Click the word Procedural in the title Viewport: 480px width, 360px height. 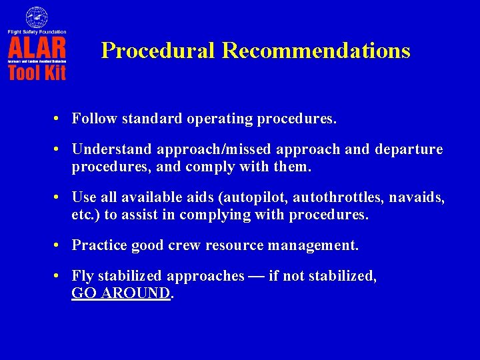[x=158, y=51]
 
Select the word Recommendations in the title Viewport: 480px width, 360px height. [x=316, y=51]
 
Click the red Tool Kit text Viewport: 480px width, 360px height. [x=37, y=71]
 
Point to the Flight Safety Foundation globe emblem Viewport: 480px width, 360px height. [x=37, y=17]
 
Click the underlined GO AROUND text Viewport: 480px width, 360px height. [x=121, y=293]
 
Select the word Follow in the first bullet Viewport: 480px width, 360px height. [x=93, y=119]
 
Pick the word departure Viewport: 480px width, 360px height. [x=411, y=149]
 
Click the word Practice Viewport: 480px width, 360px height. [x=99, y=245]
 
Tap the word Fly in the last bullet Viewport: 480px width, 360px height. [x=82, y=276]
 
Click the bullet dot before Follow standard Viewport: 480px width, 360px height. [x=59, y=119]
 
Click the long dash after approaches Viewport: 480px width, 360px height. [x=256, y=276]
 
